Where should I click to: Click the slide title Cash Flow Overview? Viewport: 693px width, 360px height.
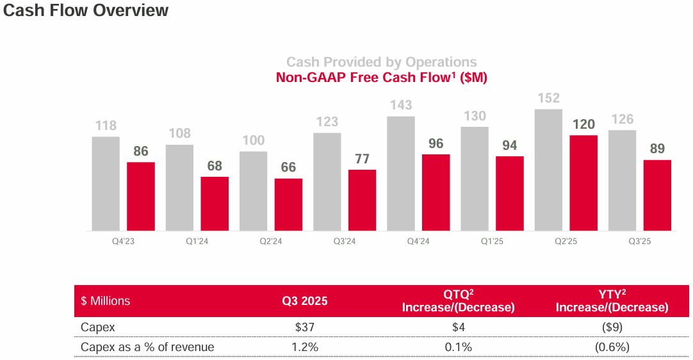click(86, 11)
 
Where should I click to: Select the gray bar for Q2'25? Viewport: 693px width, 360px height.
click(548, 170)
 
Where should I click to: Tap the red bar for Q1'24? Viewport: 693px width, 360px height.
click(215, 204)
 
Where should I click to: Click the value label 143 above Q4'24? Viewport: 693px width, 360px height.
click(400, 105)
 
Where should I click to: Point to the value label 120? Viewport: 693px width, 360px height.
click(583, 124)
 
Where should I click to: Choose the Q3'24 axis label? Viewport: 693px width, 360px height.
click(327, 241)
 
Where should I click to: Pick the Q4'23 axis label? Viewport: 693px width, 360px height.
click(105, 241)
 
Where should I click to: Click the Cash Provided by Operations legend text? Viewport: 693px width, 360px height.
click(381, 62)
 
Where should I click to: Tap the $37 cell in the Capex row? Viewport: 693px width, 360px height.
click(305, 327)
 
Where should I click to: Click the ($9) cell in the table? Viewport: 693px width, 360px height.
click(612, 327)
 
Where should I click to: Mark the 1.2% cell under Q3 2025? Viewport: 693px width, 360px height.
click(305, 347)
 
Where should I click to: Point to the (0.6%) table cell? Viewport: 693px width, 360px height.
click(612, 347)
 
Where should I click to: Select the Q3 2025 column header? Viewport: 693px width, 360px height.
click(305, 301)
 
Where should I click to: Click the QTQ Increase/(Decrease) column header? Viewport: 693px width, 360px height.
click(458, 301)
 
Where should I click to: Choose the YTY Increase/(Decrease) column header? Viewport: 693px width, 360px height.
click(612, 301)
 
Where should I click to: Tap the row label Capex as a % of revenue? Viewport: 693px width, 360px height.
click(147, 347)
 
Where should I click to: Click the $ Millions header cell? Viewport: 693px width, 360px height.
click(106, 301)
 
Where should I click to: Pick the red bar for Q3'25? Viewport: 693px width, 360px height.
click(657, 195)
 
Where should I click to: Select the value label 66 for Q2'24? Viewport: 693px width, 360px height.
click(288, 167)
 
